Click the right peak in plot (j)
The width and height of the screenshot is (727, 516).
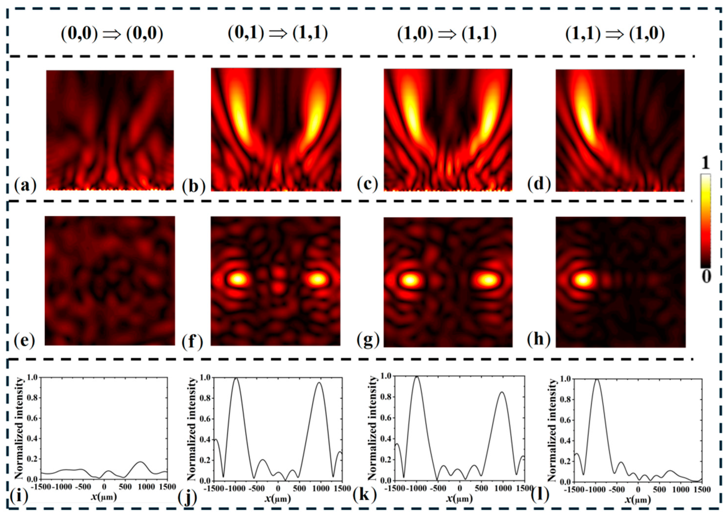pos(319,383)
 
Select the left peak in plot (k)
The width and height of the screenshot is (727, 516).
pos(416,377)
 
